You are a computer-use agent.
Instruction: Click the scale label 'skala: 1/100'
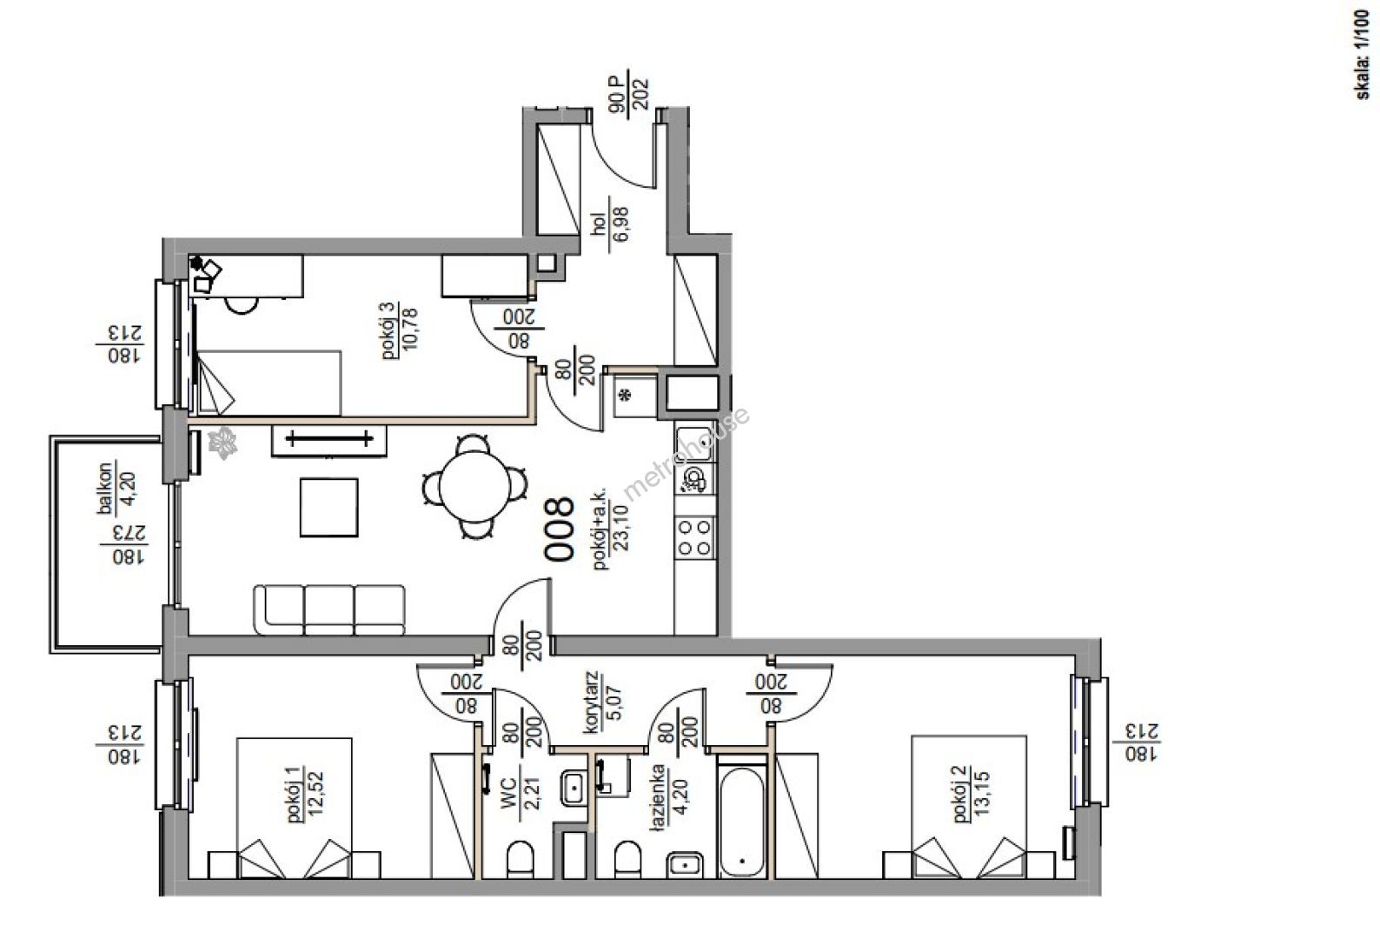1363,54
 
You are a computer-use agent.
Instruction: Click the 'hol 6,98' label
609,224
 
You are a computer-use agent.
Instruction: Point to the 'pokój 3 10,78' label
399,330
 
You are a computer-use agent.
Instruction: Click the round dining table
474,487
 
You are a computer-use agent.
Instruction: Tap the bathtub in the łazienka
742,820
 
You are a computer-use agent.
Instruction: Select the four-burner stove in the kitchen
694,537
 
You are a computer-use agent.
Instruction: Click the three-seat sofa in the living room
329,609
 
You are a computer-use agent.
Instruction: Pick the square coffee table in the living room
329,508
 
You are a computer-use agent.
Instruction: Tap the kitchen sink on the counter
693,444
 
